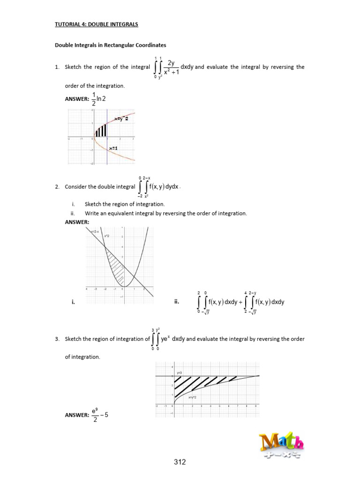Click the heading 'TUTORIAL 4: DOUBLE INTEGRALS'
click(x=97, y=24)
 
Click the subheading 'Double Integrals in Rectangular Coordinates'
click(x=111, y=45)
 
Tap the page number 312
click(x=180, y=462)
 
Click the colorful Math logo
click(x=281, y=446)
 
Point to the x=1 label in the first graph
click(x=114, y=148)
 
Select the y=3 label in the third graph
click(x=179, y=373)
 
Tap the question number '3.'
click(x=57, y=339)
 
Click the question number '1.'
click(x=57, y=67)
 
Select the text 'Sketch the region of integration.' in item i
click(x=125, y=204)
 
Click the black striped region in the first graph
click(x=102, y=130)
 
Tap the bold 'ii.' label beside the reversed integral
click(x=177, y=302)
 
